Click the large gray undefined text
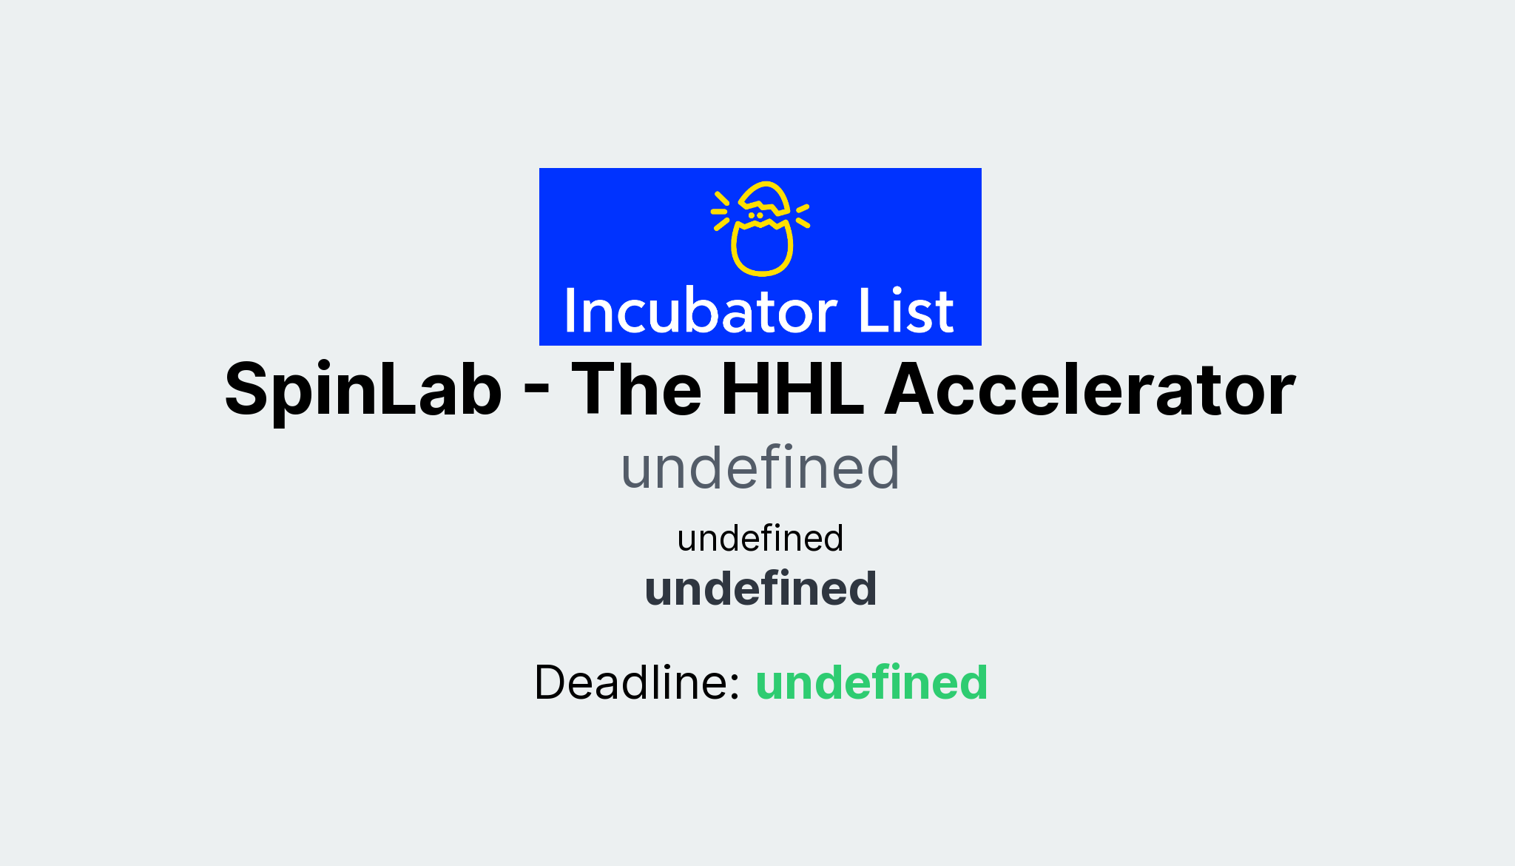pyautogui.click(x=760, y=469)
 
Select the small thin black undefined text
pyautogui.click(x=760, y=538)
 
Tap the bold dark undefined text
pyautogui.click(x=760, y=589)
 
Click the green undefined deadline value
pyautogui.click(x=871, y=682)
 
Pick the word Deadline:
pyautogui.click(x=637, y=682)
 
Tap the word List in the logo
pyautogui.click(x=905, y=312)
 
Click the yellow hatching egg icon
pyautogui.click(x=762, y=229)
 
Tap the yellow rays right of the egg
pyautogui.click(x=803, y=215)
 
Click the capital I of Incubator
pyautogui.click(x=570, y=312)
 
